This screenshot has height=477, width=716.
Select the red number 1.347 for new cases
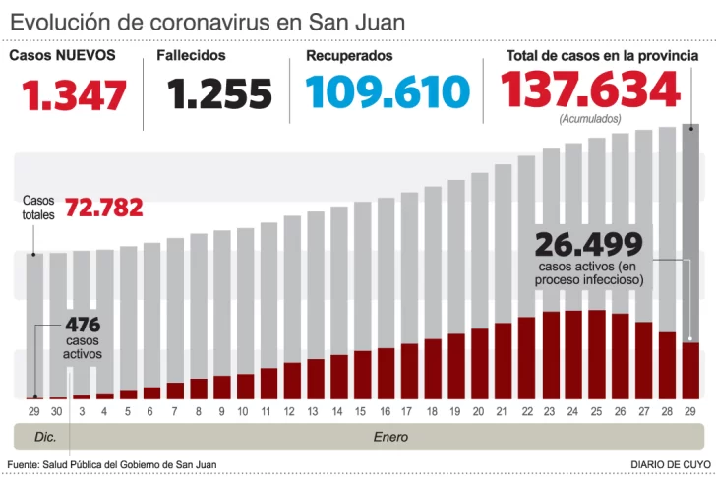76,95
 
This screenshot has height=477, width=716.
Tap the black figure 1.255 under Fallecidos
219,94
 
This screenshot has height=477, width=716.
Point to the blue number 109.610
388,92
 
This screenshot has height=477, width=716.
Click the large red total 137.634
590,90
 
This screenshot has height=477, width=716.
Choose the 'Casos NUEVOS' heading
62,56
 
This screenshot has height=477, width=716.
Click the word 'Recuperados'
349,56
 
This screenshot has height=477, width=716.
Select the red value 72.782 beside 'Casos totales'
103,209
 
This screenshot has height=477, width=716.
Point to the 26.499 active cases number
588,244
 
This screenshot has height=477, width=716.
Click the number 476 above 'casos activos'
83,326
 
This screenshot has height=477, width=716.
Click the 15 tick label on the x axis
361,411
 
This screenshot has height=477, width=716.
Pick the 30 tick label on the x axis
57,411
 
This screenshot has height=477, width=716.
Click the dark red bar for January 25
596,354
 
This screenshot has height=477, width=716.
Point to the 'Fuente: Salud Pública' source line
111,463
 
